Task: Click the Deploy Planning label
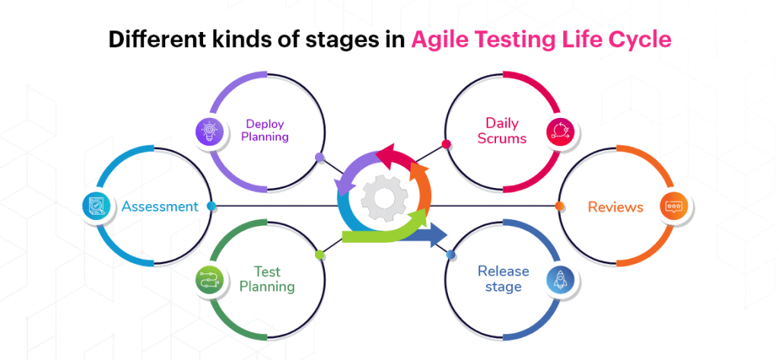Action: coord(266,130)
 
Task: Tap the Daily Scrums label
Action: coord(502,130)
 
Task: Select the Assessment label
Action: coord(160,206)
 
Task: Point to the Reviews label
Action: coord(615,206)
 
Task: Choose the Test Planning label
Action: coord(267,279)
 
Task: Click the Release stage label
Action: coord(500,279)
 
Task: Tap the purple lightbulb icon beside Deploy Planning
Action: coord(208,131)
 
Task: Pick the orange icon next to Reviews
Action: coord(672,206)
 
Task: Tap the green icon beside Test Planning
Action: coord(208,281)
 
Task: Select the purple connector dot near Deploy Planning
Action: coord(320,158)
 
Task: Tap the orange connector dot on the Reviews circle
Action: coord(559,205)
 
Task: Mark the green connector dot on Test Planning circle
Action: coord(320,254)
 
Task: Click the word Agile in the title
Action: coord(437,40)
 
